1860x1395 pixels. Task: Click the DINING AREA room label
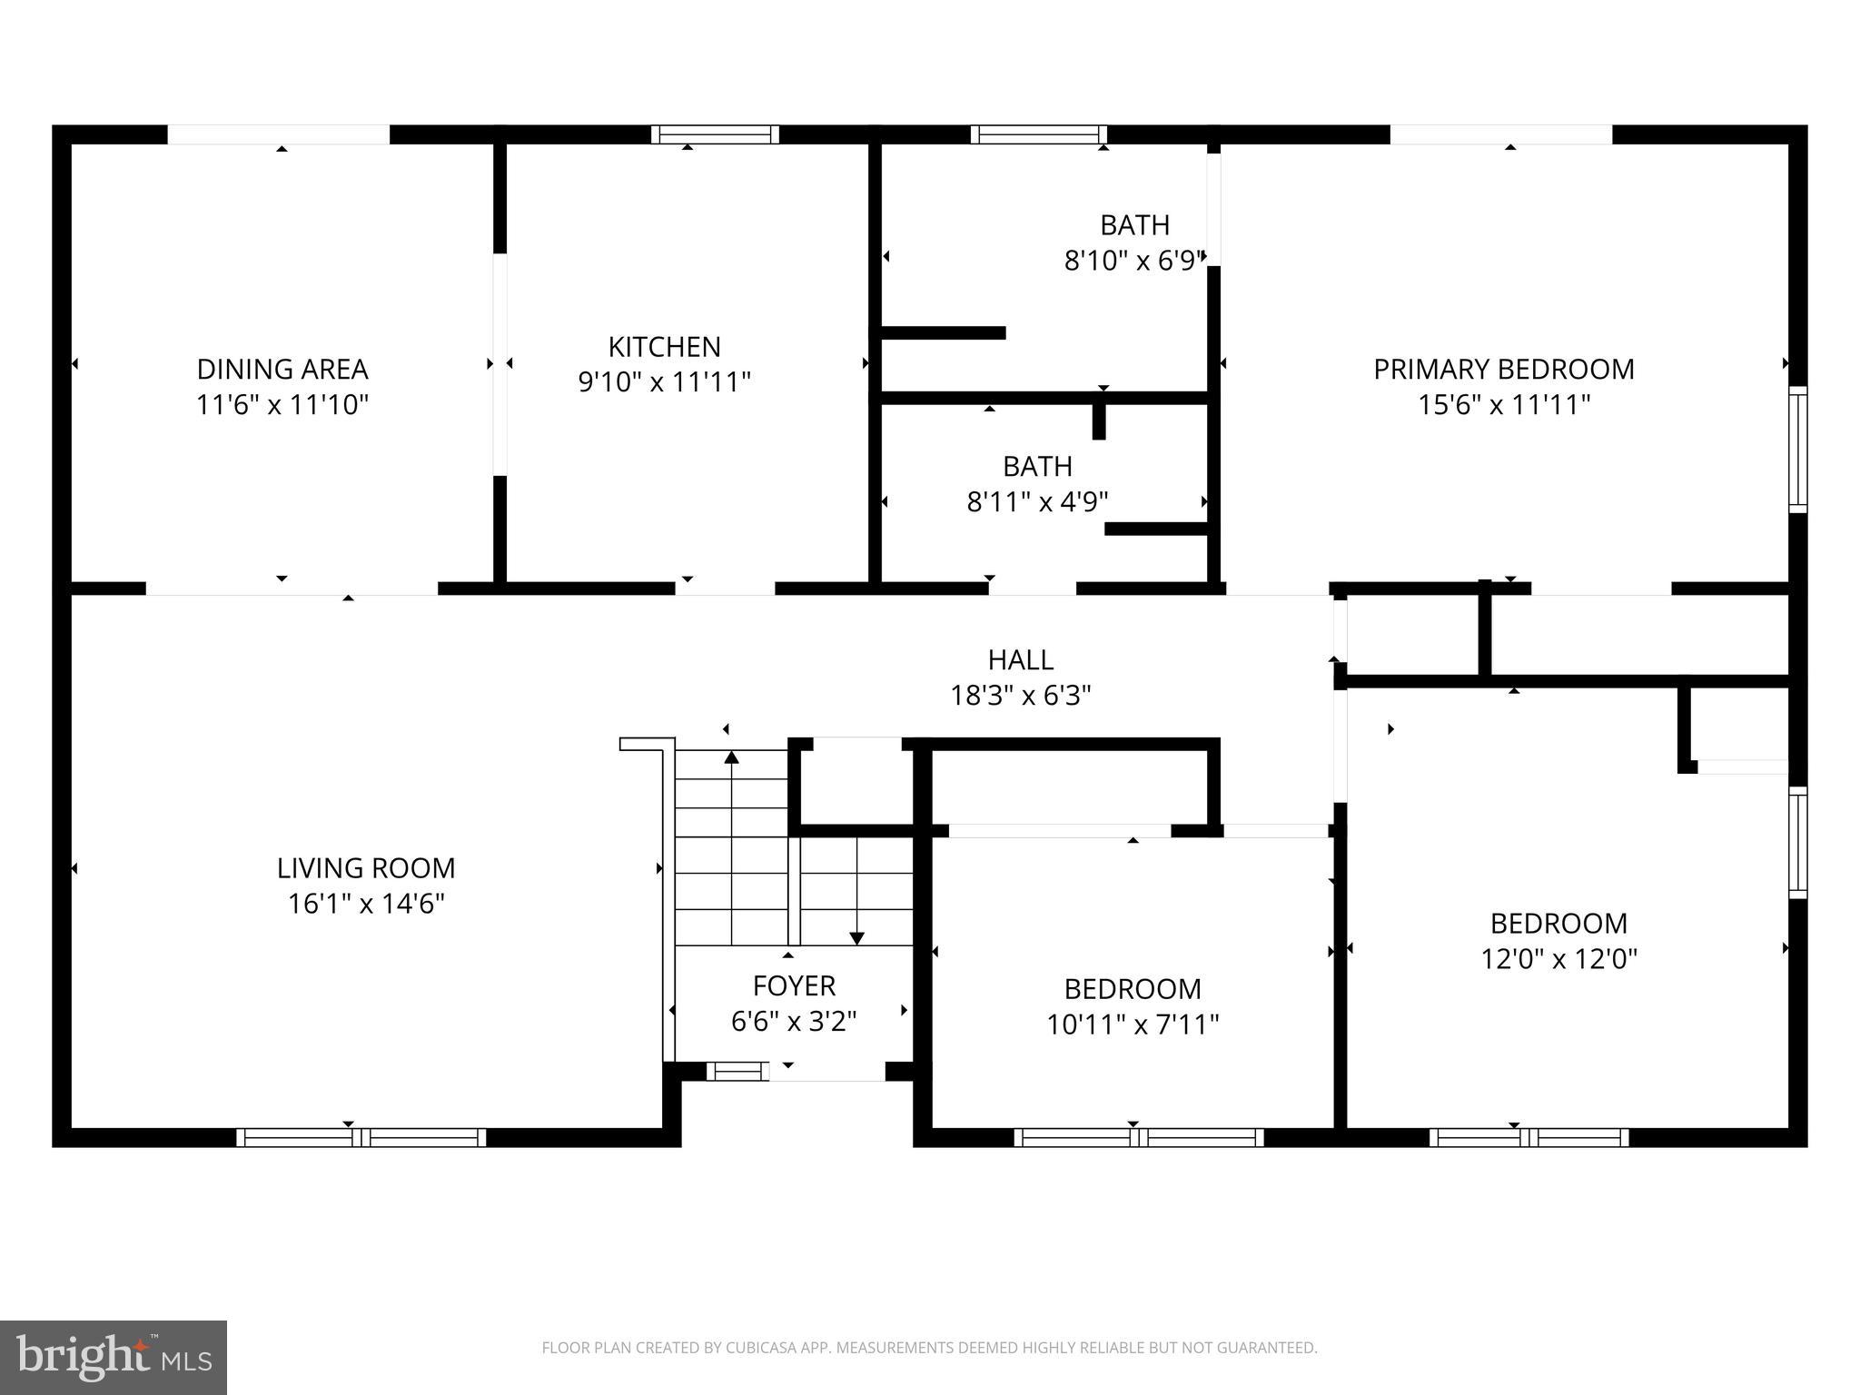click(x=282, y=369)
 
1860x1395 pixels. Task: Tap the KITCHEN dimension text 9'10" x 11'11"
click(x=664, y=382)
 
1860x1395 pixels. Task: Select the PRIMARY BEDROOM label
click(x=1503, y=369)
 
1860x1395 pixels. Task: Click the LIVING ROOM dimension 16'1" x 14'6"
click(x=366, y=905)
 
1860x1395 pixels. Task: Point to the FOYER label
click(x=794, y=985)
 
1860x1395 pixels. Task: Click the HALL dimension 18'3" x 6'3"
click(x=1020, y=696)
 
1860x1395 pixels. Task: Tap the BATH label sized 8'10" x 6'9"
click(x=1134, y=224)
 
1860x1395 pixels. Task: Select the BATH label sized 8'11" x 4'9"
click(x=1037, y=466)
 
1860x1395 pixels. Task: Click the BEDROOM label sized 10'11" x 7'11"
click(x=1133, y=988)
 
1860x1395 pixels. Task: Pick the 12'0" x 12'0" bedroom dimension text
click(x=1558, y=959)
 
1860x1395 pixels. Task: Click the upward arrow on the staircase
click(x=732, y=757)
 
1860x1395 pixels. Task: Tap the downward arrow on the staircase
click(x=856, y=937)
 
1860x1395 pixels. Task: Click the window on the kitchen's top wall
click(x=715, y=134)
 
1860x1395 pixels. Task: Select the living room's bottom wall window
click(x=361, y=1137)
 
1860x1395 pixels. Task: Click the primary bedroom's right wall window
click(x=1797, y=449)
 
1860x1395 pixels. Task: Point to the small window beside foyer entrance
click(x=737, y=1072)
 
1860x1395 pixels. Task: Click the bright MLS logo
click(x=114, y=1357)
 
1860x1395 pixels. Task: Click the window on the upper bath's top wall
click(x=1038, y=134)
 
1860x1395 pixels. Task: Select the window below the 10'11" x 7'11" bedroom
click(x=1138, y=1137)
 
